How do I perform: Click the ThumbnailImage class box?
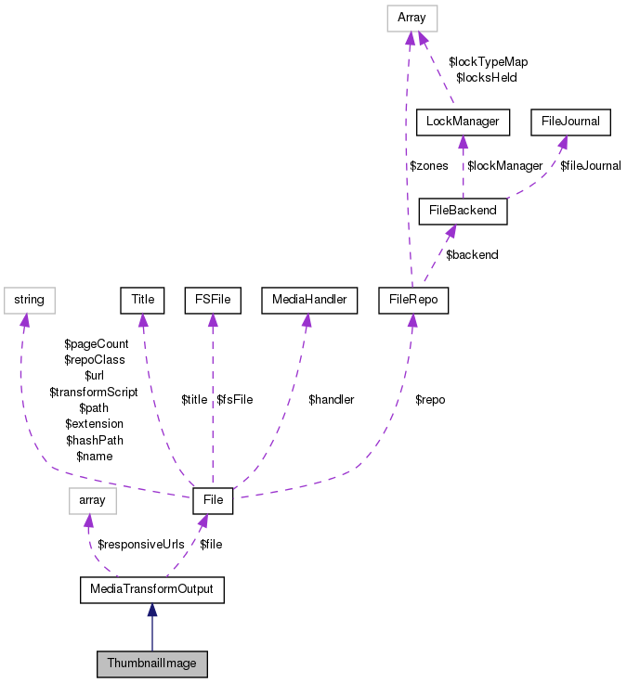(x=151, y=664)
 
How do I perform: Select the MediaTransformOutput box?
(x=152, y=589)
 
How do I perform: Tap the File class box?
(x=213, y=501)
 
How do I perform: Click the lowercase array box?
(x=92, y=501)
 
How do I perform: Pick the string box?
(x=30, y=300)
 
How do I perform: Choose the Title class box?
(x=142, y=300)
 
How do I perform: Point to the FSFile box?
(x=213, y=300)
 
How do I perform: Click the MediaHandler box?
(x=309, y=300)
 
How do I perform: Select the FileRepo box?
(x=413, y=300)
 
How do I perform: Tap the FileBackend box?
(x=464, y=210)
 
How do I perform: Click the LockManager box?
(x=463, y=121)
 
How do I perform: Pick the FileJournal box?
(x=570, y=121)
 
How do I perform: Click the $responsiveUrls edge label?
(x=141, y=544)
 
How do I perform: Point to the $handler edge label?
(x=331, y=400)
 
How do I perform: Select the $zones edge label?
(x=429, y=166)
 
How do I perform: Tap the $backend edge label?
(x=472, y=254)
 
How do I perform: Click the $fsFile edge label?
(x=234, y=400)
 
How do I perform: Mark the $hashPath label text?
(x=93, y=440)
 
